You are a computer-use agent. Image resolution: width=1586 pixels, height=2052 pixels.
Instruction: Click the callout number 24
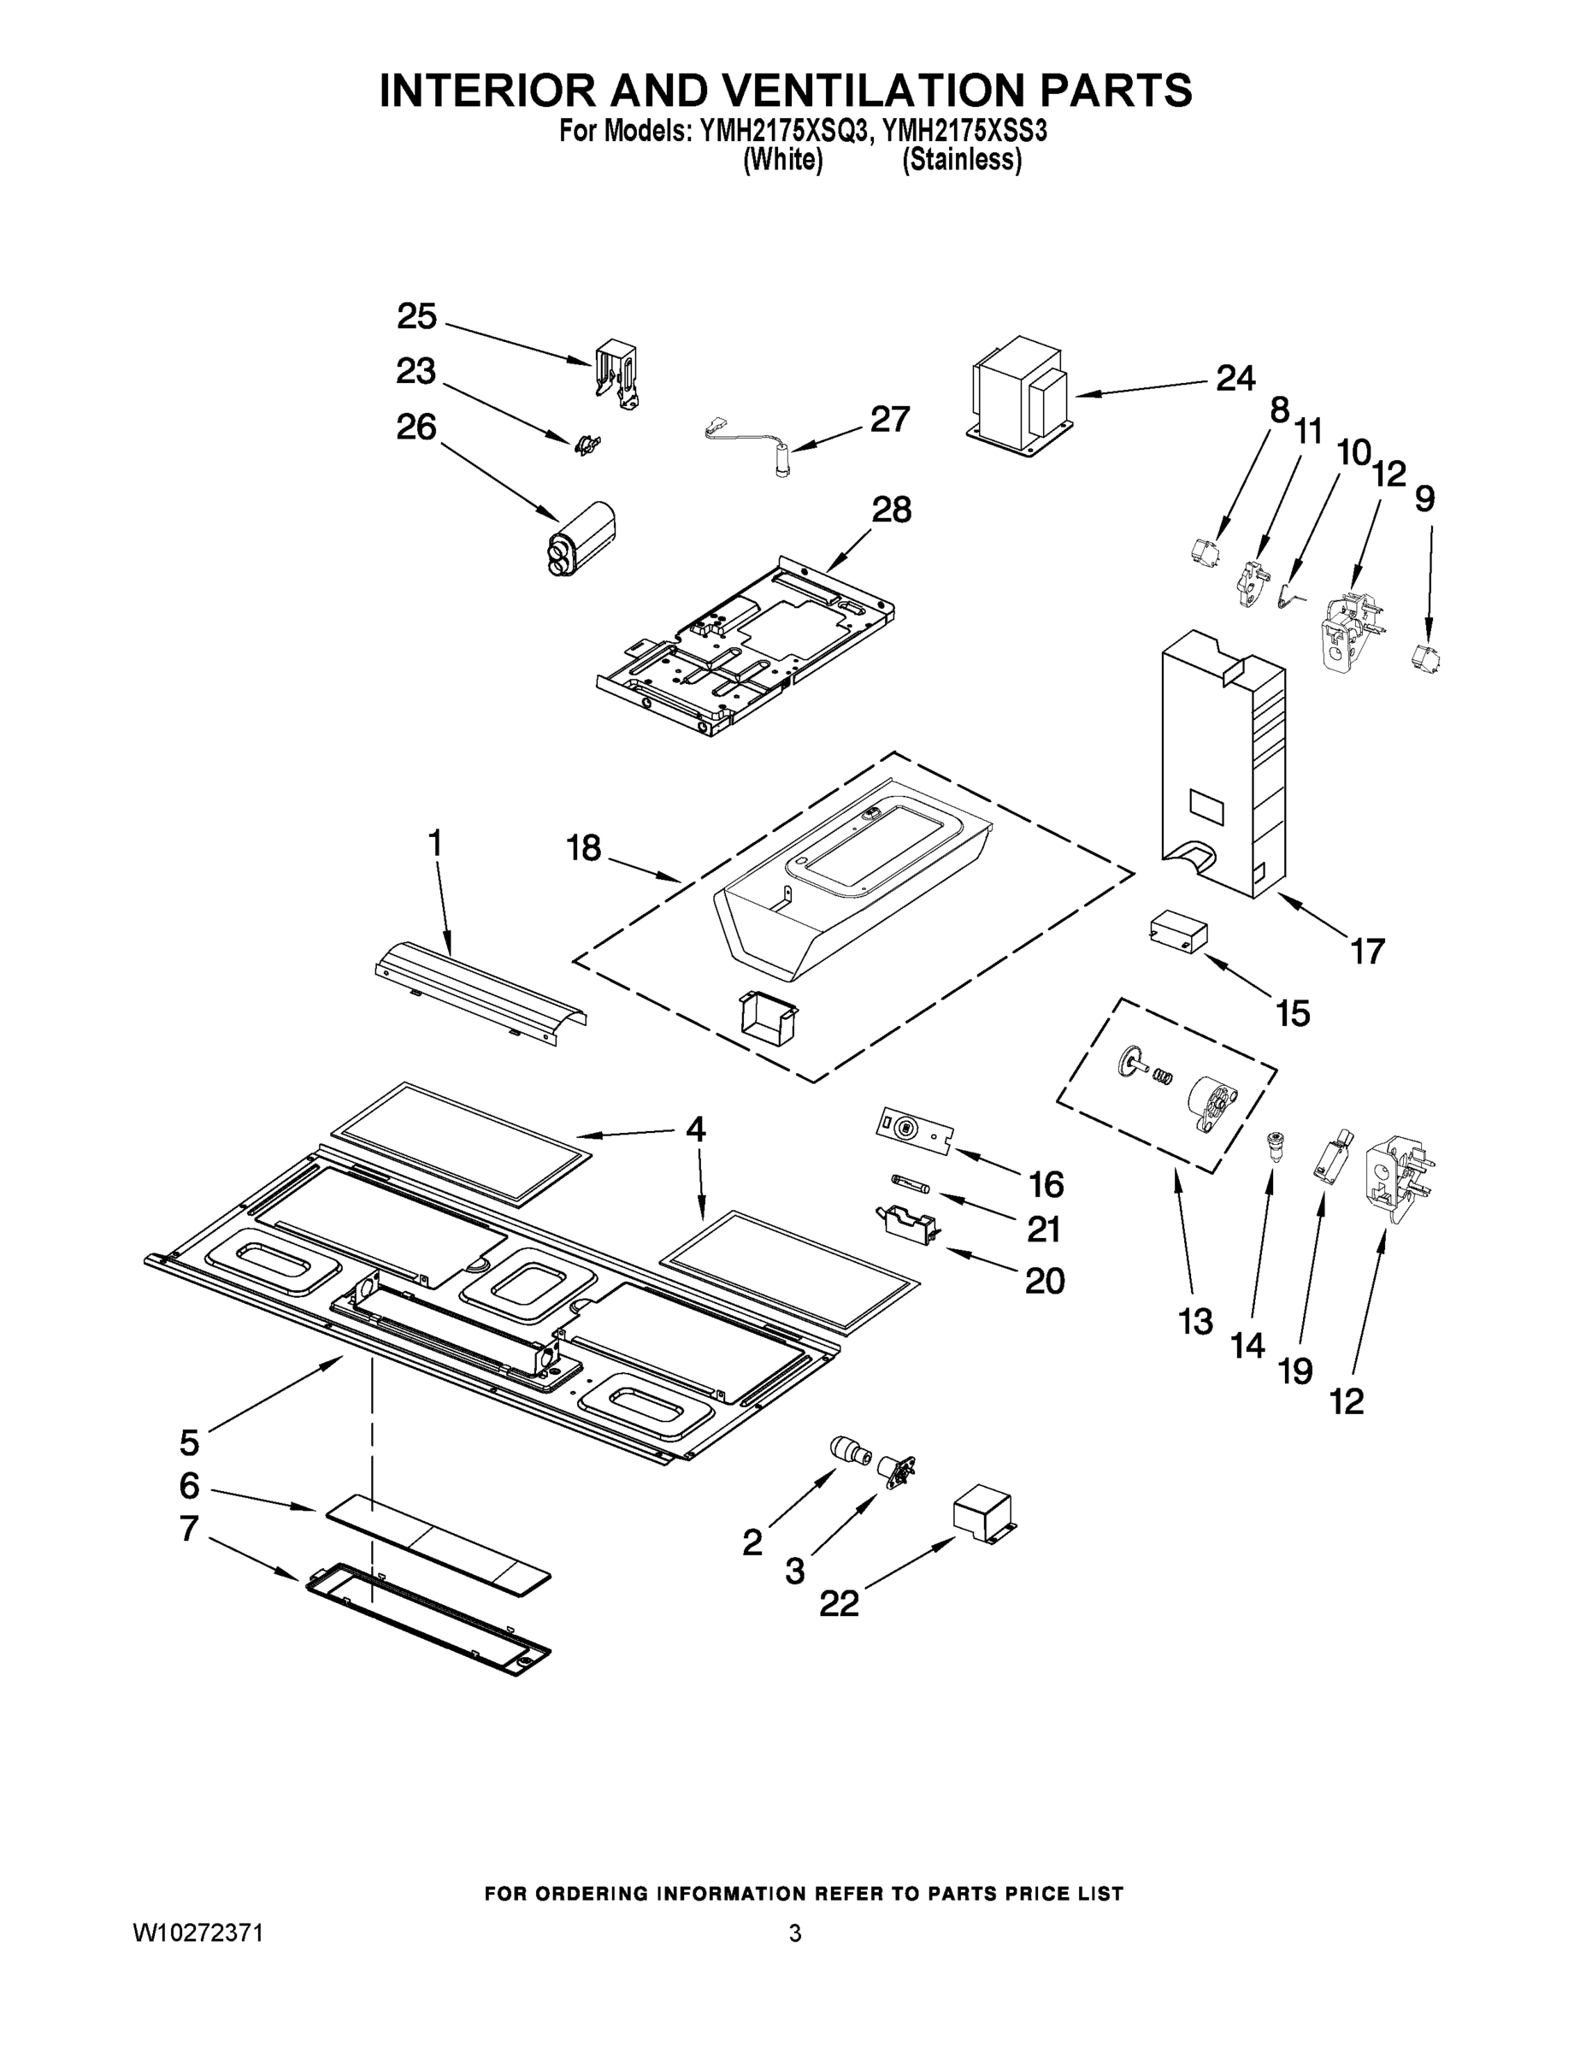1235,378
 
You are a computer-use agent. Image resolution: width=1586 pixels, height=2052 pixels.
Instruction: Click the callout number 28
891,510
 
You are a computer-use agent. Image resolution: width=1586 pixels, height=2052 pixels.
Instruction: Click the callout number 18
583,847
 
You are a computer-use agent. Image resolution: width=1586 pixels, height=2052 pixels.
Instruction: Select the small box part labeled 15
1178,931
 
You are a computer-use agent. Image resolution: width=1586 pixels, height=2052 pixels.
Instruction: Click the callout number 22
839,1604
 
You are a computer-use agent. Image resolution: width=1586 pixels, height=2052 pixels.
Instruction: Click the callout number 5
190,1442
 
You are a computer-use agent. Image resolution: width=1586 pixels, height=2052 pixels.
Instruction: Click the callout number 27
889,419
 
